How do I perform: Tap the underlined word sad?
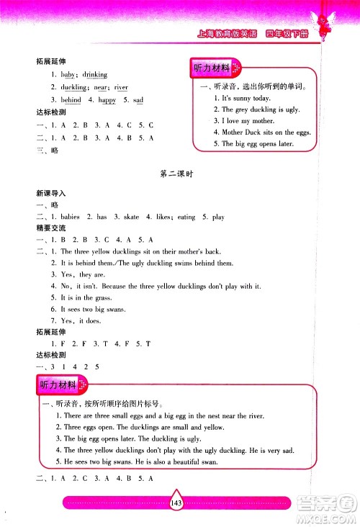(138, 100)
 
